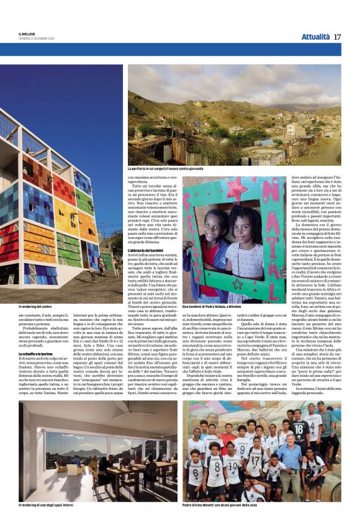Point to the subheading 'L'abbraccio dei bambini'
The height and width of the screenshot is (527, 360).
click(146, 250)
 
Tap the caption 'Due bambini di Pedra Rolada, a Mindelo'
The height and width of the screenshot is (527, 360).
click(211, 307)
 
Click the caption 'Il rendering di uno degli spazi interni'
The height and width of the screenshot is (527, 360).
click(50, 506)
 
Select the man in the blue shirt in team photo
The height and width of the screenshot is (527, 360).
click(290, 456)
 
